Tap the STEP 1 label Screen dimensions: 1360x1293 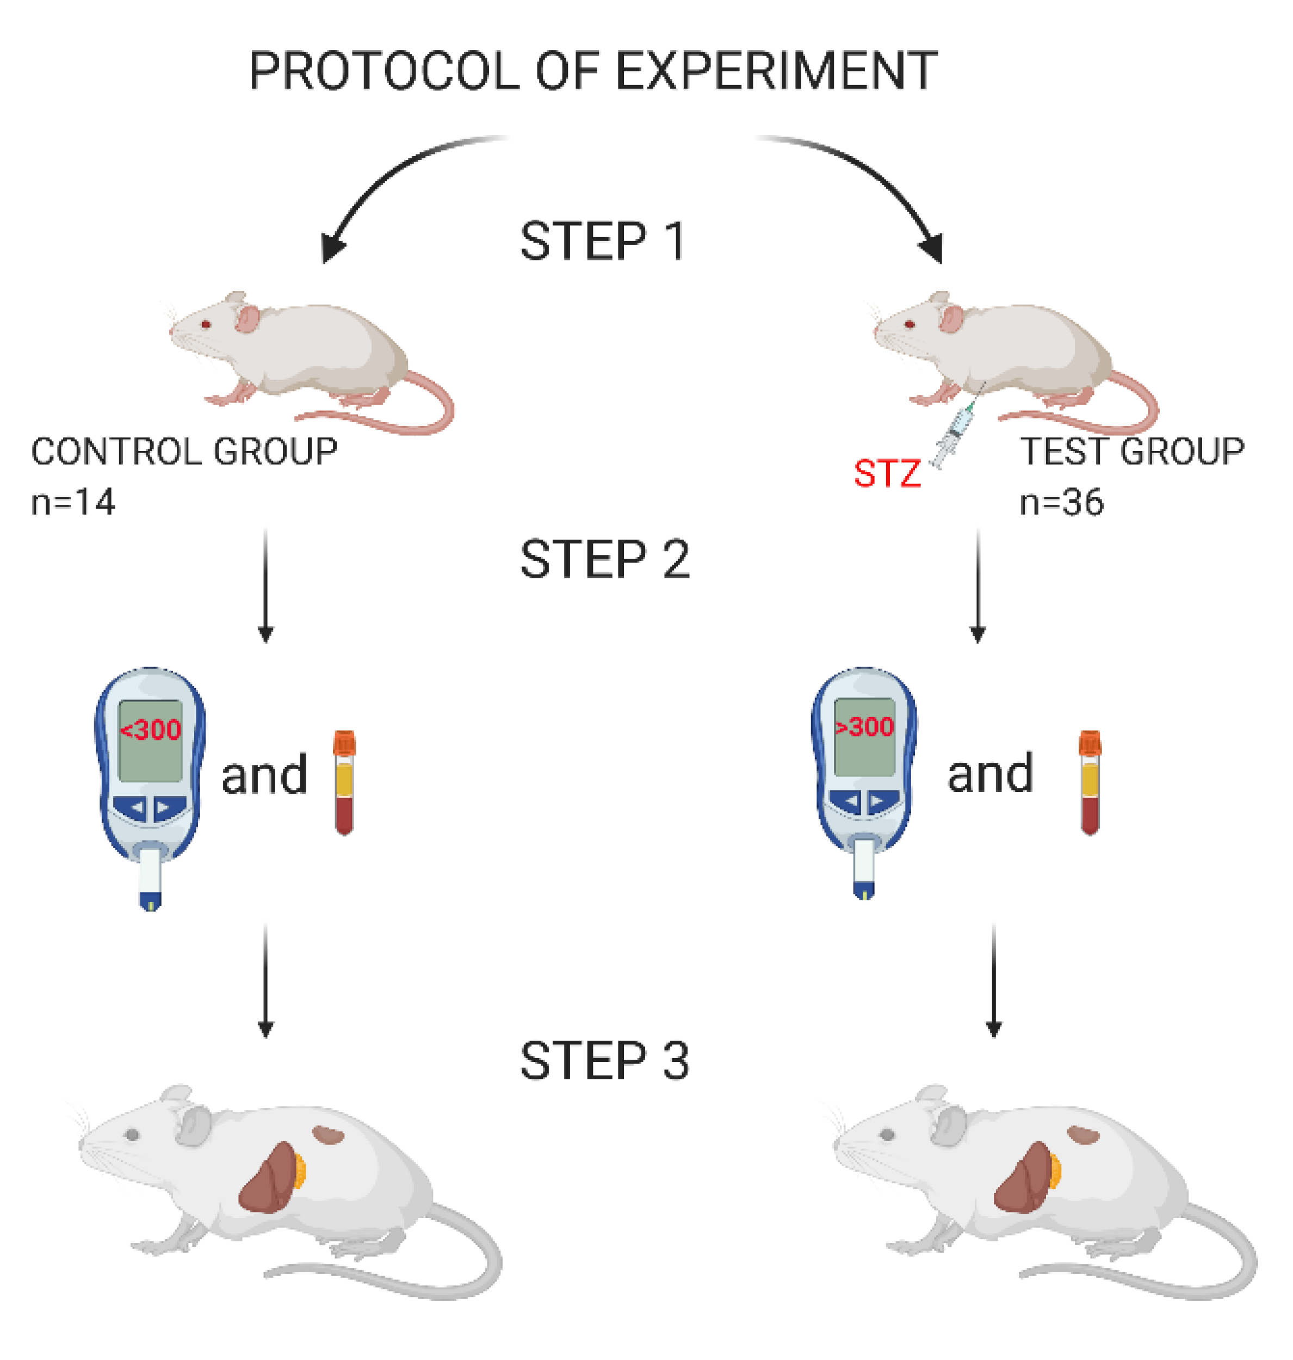click(602, 241)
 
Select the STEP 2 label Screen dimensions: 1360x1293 click(604, 559)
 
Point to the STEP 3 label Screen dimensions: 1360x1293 click(604, 1061)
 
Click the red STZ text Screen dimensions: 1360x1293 click(887, 474)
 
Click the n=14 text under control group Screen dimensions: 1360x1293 click(73, 502)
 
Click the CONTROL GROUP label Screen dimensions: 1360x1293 click(184, 452)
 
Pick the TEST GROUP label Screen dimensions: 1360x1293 click(1132, 452)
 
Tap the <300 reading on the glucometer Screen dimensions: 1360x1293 click(150, 730)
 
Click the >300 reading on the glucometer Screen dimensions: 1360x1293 click(864, 727)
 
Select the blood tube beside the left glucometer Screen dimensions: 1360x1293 click(344, 782)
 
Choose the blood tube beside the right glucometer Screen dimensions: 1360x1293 click(1090, 782)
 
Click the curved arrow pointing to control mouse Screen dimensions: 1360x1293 click(386, 179)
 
